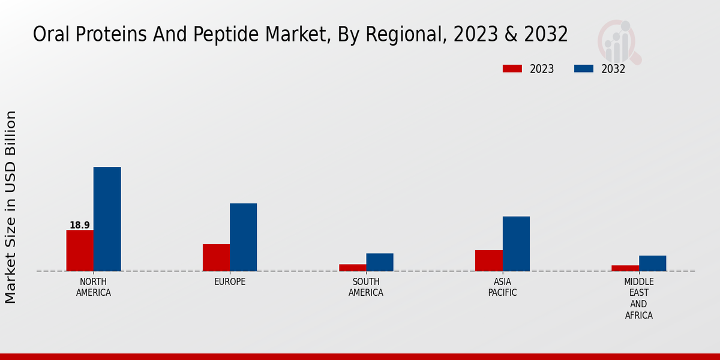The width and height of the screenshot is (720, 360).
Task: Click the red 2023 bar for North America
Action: click(x=80, y=250)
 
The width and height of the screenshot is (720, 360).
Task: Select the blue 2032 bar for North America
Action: click(x=107, y=219)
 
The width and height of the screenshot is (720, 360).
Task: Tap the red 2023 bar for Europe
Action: click(x=216, y=257)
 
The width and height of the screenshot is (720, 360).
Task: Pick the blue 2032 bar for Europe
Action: click(x=243, y=237)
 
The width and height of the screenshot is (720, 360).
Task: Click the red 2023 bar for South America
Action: click(x=352, y=268)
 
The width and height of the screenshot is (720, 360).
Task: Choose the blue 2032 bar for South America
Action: click(x=380, y=262)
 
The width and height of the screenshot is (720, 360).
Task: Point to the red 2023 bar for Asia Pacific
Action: click(x=488, y=260)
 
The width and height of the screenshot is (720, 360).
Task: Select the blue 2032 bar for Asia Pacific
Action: click(x=516, y=244)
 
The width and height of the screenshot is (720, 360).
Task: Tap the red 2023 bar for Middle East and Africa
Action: click(x=625, y=268)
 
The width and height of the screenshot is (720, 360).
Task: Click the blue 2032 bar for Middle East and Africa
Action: click(x=652, y=263)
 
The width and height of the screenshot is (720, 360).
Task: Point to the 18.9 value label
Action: click(x=80, y=226)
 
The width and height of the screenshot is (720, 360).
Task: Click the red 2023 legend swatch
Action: click(x=512, y=69)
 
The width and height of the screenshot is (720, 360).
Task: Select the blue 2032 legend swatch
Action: click(x=584, y=69)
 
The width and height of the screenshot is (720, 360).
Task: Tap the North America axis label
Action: click(x=94, y=287)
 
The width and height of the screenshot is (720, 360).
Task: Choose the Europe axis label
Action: click(x=230, y=282)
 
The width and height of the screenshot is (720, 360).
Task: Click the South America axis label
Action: click(x=366, y=287)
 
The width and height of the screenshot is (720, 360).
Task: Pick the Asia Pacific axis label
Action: click(x=502, y=287)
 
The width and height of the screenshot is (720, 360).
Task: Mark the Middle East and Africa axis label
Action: click(x=639, y=298)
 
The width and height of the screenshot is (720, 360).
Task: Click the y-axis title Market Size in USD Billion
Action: click(x=11, y=207)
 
